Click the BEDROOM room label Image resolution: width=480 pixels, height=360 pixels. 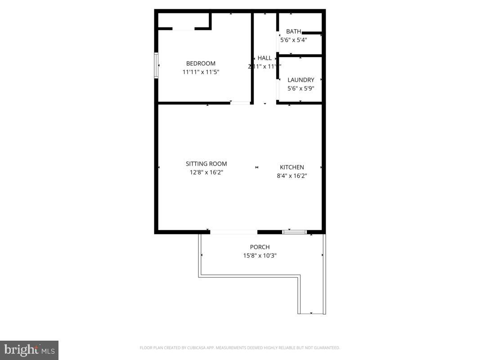[201, 63]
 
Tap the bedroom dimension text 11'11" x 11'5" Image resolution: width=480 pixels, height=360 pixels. [201, 72]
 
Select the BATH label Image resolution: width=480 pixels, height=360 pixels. [293, 31]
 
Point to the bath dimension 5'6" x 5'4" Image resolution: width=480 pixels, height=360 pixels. [293, 40]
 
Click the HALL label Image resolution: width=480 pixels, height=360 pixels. [265, 58]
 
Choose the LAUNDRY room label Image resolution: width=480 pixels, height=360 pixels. [301, 80]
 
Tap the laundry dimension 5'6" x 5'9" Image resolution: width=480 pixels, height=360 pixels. [301, 88]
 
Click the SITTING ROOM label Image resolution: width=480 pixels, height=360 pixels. [206, 164]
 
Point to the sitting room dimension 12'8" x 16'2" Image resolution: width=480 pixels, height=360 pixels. [206, 172]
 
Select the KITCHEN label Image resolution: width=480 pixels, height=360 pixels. [292, 167]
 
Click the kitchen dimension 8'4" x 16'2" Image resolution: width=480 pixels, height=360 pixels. [292, 176]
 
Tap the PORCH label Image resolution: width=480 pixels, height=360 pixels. [260, 247]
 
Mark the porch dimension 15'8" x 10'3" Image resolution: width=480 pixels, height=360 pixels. [260, 256]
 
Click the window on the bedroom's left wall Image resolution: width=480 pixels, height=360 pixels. [156, 66]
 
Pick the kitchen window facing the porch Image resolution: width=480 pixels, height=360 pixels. [294, 232]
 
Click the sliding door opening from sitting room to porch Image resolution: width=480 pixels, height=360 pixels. [233, 232]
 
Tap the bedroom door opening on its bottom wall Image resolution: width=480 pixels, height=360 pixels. [240, 103]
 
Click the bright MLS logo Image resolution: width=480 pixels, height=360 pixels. [29, 350]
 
